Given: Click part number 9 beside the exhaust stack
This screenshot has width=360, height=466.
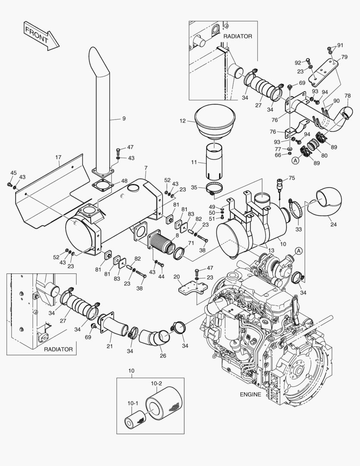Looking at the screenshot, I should tap(124, 118).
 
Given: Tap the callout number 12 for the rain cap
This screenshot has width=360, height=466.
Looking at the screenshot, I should tap(183, 121).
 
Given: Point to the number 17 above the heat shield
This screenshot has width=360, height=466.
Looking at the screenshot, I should tap(58, 157).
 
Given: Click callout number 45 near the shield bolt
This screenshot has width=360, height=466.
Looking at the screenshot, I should tap(13, 173).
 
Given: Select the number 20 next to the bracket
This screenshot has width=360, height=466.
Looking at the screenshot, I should tap(176, 277).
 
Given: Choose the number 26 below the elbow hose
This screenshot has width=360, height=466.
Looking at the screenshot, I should tap(163, 356).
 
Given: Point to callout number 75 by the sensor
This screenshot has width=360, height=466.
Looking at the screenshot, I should tap(292, 178).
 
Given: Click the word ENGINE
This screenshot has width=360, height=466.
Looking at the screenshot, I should tap(250, 394).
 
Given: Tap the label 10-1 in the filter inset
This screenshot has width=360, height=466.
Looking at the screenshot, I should tap(133, 403).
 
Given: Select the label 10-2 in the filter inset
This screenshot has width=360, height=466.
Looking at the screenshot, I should tap(156, 383).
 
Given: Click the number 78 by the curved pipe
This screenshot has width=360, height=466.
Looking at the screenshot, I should tap(347, 96).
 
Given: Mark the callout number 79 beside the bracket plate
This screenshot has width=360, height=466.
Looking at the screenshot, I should tap(344, 57).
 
